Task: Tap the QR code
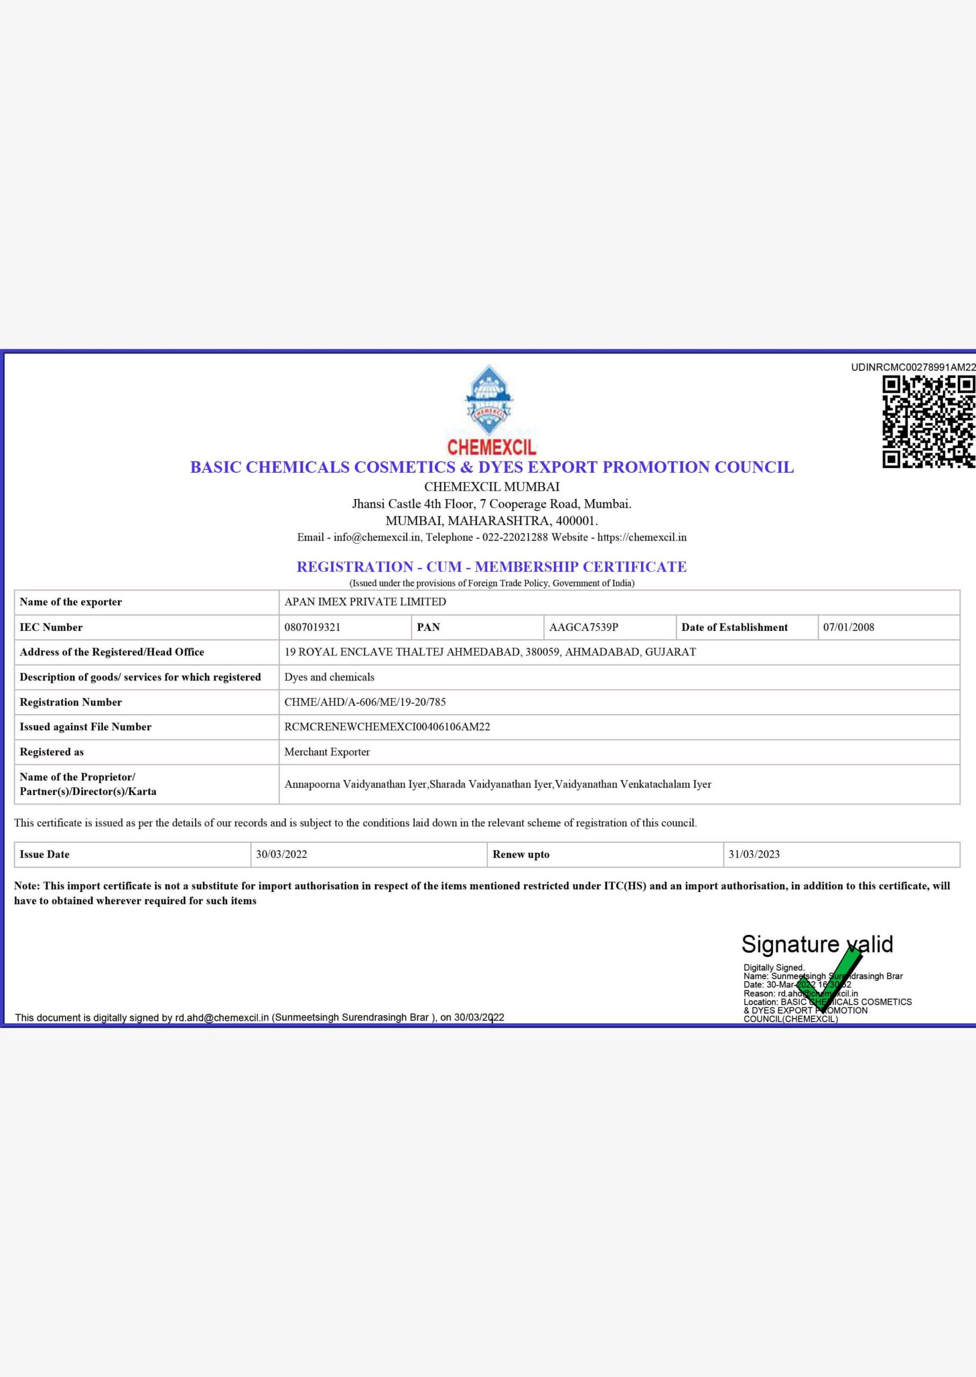(x=928, y=421)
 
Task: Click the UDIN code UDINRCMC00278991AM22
(x=913, y=367)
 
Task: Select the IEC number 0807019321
(x=312, y=627)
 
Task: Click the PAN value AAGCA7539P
(x=583, y=627)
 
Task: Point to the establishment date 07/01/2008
(x=849, y=627)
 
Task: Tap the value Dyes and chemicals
(x=329, y=677)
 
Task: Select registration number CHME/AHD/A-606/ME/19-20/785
(x=365, y=702)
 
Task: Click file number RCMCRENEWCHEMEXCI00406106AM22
(x=387, y=727)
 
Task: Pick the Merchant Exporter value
(x=327, y=752)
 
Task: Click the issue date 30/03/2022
(x=281, y=854)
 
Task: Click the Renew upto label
(x=521, y=854)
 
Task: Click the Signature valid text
(x=817, y=944)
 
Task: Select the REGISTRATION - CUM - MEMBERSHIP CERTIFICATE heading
(x=491, y=567)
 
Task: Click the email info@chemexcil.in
(x=377, y=537)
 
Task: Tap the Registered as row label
(x=52, y=752)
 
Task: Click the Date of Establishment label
(x=735, y=627)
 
